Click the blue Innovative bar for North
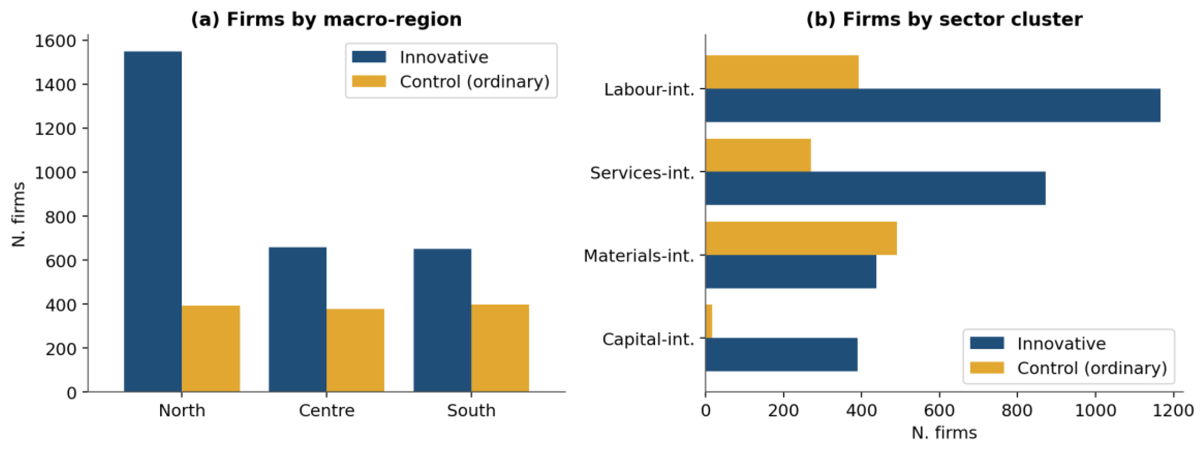(153, 221)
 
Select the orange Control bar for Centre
(355, 350)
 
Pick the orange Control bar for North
(211, 349)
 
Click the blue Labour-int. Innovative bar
(932, 105)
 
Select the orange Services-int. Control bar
(758, 155)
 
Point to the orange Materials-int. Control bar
(801, 238)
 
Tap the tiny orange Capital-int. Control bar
(709, 321)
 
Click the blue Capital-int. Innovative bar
(782, 355)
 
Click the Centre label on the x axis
(327, 410)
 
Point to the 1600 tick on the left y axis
(55, 41)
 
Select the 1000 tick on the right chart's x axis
(1096, 410)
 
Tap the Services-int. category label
(642, 173)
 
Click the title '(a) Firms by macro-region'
(326, 19)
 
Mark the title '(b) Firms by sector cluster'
(944, 19)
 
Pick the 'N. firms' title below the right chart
(944, 433)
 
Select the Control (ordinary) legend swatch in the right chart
(987, 368)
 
